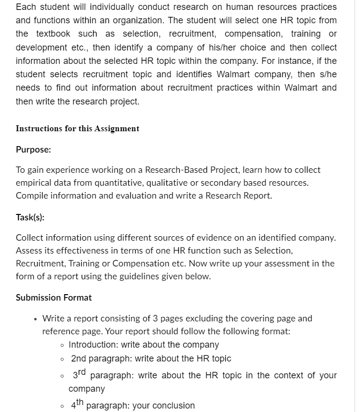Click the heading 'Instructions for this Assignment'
77,129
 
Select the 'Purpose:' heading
33,150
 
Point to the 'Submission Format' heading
53,298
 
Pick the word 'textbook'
53,34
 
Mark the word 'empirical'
33,183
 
